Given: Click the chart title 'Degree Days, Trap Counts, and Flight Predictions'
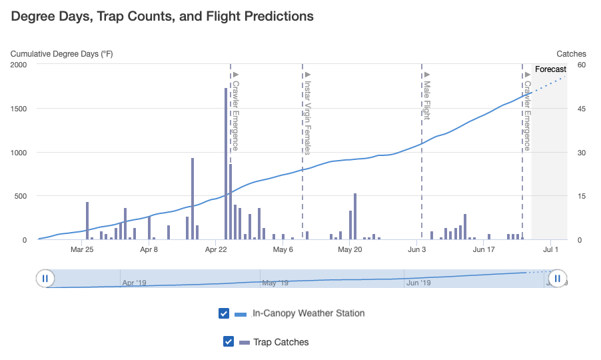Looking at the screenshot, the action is tap(162, 17).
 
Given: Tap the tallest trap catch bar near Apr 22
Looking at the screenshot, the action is tap(226, 164).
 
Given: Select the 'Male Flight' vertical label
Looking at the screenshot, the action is tap(427, 100).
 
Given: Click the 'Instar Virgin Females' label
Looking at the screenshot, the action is tap(307, 117).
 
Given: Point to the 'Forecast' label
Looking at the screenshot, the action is tap(550, 69).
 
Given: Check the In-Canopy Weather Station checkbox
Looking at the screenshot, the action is tap(224, 313).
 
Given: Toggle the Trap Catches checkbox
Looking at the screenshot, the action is tap(229, 341).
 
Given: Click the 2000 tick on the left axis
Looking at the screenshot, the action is tap(19, 65).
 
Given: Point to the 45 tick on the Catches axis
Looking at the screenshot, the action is tap(582, 109).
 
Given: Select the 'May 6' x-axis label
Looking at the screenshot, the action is tap(283, 249).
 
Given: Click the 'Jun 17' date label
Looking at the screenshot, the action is tap(484, 249).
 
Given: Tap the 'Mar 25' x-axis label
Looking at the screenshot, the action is tap(82, 249).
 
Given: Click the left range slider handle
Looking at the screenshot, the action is tap(45, 279).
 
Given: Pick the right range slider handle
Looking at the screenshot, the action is tap(557, 279).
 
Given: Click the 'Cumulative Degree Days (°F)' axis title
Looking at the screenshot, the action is tap(62, 54).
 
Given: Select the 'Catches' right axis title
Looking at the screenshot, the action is tap(572, 54).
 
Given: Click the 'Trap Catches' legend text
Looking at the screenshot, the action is tap(281, 342).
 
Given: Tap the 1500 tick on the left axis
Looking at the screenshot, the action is tap(19, 109).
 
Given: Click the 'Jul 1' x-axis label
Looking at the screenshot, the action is tap(551, 249).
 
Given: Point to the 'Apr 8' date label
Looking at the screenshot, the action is tap(149, 249).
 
